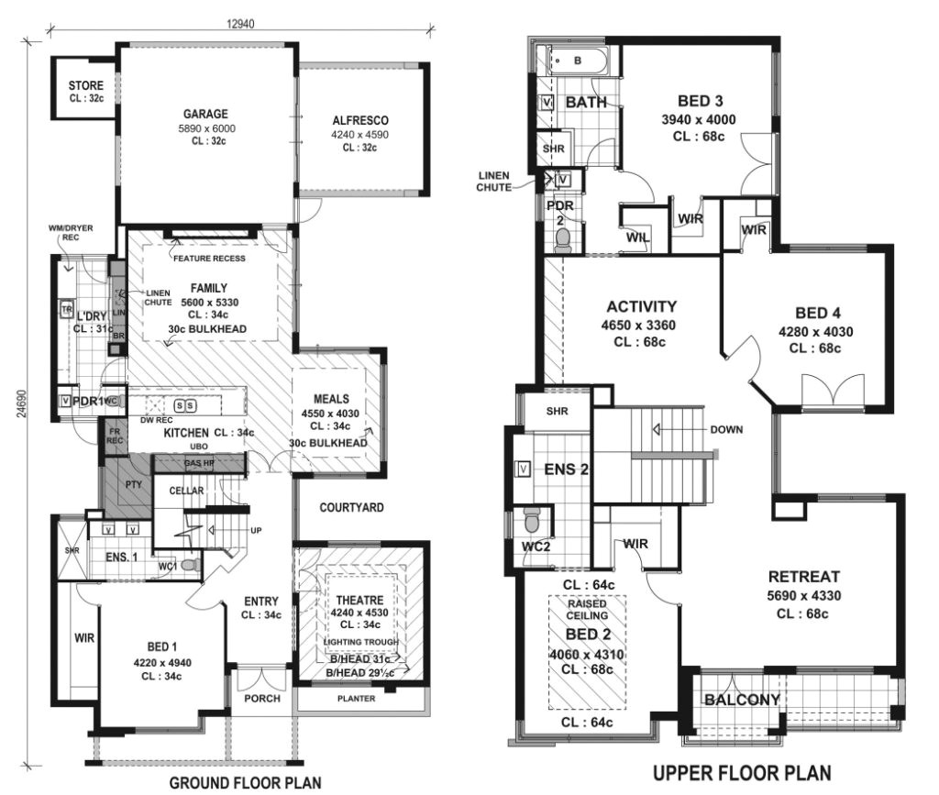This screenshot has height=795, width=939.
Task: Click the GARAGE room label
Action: point(205,116)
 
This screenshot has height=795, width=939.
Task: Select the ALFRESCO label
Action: point(360,120)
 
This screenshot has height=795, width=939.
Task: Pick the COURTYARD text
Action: point(351,507)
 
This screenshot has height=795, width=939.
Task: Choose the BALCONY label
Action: point(742,701)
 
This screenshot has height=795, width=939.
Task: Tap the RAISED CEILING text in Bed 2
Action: point(587,613)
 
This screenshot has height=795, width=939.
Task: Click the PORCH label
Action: point(261,698)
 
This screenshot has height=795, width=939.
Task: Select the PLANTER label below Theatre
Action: point(357,698)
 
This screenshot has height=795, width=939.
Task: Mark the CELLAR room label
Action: point(185,491)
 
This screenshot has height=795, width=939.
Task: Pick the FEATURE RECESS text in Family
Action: point(208,259)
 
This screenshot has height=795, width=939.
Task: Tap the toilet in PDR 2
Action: point(563,239)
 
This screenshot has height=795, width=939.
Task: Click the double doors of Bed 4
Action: point(832,392)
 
